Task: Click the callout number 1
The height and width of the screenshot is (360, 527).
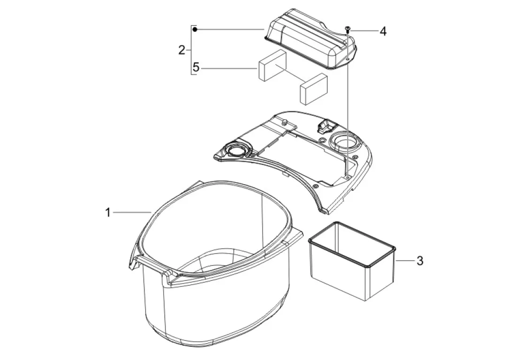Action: tap(108, 212)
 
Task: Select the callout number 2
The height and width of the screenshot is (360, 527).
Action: tap(181, 50)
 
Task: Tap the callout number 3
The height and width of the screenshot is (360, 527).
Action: tap(420, 261)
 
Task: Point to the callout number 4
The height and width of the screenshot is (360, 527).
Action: tap(383, 31)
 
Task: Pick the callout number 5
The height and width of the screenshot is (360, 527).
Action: tap(196, 67)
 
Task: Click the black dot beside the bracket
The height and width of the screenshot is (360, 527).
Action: tap(195, 30)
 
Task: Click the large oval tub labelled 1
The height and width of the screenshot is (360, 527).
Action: tap(215, 265)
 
